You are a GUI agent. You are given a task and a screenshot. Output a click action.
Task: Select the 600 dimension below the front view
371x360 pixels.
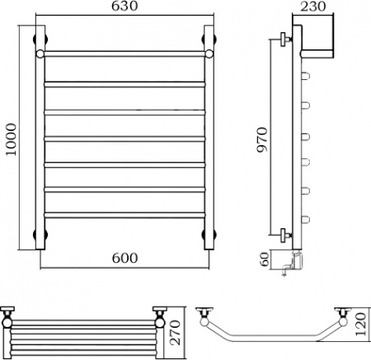tap(124, 258)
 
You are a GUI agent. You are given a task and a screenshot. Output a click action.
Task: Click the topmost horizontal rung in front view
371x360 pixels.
tap(124, 54)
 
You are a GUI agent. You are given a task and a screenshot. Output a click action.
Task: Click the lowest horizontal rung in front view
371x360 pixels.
tap(124, 216)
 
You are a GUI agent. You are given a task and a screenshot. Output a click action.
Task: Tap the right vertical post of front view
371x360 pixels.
tap(211, 140)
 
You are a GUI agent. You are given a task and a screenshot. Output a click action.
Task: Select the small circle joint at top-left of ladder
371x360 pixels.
tap(39, 54)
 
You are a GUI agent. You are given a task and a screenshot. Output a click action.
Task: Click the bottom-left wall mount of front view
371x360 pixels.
tap(39, 237)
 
